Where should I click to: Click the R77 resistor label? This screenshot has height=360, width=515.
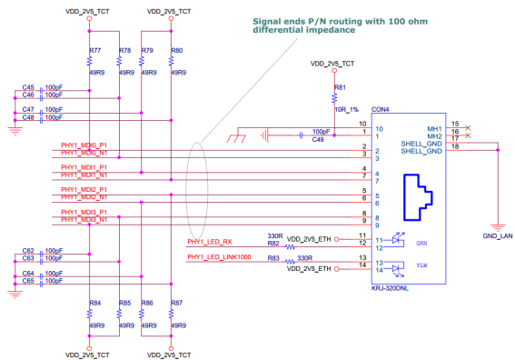pyautogui.click(x=95, y=51)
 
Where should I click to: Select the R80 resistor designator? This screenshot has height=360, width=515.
pyautogui.click(x=177, y=51)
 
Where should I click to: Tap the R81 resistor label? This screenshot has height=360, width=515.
pyautogui.click(x=341, y=87)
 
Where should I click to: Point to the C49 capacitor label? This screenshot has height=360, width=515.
pyautogui.click(x=318, y=140)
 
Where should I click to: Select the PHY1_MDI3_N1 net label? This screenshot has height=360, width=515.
pyautogui.click(x=84, y=220)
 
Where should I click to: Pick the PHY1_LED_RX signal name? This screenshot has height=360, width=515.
pyautogui.click(x=210, y=242)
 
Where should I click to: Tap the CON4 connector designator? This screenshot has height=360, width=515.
pyautogui.click(x=381, y=108)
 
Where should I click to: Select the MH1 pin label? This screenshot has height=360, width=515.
pyautogui.click(x=434, y=128)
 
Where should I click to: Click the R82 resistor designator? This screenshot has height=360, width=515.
pyautogui.click(x=272, y=244)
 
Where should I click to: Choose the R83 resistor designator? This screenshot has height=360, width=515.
pyautogui.click(x=272, y=259)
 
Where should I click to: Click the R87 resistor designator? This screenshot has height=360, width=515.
pyautogui.click(x=177, y=302)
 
